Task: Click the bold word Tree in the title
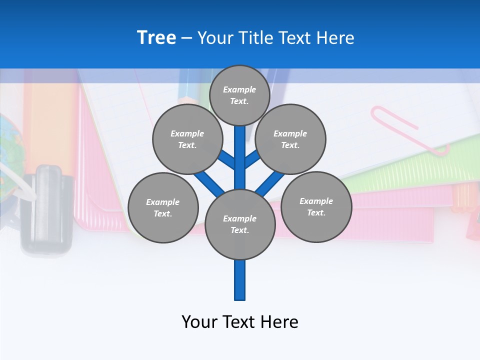tap(156, 38)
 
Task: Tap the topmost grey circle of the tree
tap(239, 95)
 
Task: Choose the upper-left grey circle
tap(187, 139)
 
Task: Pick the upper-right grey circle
tap(290, 139)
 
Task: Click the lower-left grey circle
tap(163, 208)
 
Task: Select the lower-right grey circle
tap(316, 207)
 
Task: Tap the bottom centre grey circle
tap(240, 224)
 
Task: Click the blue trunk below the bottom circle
tap(240, 280)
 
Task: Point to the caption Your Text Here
tap(240, 322)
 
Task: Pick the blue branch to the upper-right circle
tap(253, 158)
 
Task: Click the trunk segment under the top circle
tap(240, 150)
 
